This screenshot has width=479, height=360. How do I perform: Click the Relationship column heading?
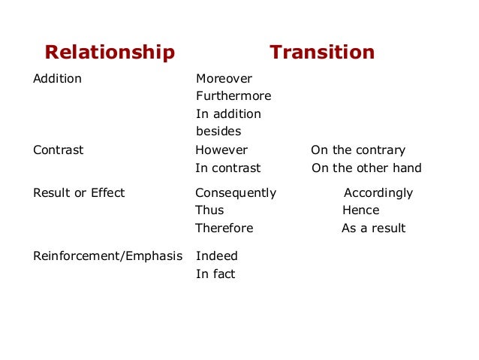point(110,53)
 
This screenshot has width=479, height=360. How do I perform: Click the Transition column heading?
point(322,53)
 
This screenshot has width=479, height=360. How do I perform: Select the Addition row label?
point(57,78)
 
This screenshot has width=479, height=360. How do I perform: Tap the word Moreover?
point(224,78)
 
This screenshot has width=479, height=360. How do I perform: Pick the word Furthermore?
point(233,96)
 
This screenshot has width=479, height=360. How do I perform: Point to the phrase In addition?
point(228,114)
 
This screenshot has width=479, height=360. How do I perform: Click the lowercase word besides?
point(218,132)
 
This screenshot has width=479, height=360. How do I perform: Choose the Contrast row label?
point(58,150)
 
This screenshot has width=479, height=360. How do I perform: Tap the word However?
point(221,150)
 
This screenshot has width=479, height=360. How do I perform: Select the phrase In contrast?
point(228,168)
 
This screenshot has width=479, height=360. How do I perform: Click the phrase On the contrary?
point(358,150)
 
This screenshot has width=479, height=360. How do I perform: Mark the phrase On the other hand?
point(366,168)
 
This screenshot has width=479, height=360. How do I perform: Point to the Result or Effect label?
point(79,192)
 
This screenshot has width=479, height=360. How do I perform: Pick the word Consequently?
point(236,192)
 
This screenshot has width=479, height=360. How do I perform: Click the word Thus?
point(209,210)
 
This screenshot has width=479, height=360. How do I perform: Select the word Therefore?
point(224,228)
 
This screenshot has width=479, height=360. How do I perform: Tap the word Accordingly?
point(378,192)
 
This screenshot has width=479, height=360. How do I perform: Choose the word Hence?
point(361,210)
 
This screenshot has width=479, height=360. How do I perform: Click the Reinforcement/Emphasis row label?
point(107,256)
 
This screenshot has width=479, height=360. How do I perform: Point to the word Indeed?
point(217,256)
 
